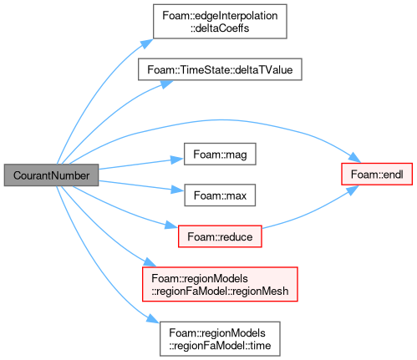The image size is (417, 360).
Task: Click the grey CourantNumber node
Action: tap(51, 175)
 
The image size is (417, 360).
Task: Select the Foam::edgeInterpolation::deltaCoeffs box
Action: tap(220, 22)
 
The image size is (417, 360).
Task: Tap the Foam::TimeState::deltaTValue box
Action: tap(220, 69)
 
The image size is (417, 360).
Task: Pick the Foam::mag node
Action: tap(220, 155)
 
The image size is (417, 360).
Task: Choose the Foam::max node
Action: tap(220, 195)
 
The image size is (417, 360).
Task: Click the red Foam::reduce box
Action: tap(220, 236)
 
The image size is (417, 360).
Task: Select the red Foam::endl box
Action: tap(377, 174)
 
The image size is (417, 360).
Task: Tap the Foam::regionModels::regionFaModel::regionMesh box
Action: tap(220, 284)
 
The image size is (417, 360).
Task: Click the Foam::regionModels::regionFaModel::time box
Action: tap(220, 339)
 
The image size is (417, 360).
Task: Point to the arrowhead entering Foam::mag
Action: tap(177, 160)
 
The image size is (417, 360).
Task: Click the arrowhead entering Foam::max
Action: tap(177, 190)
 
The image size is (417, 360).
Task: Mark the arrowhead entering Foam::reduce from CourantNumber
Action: tap(171, 225)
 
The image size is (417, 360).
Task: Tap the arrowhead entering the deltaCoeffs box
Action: tap(147, 43)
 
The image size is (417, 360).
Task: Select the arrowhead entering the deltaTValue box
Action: tap(166, 84)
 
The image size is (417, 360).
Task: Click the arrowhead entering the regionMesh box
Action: tap(150, 262)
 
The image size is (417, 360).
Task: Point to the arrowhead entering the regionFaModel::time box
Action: tap(153, 318)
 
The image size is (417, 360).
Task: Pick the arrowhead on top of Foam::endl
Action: tap(355, 158)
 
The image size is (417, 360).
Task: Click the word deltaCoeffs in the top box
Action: tap(220, 28)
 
